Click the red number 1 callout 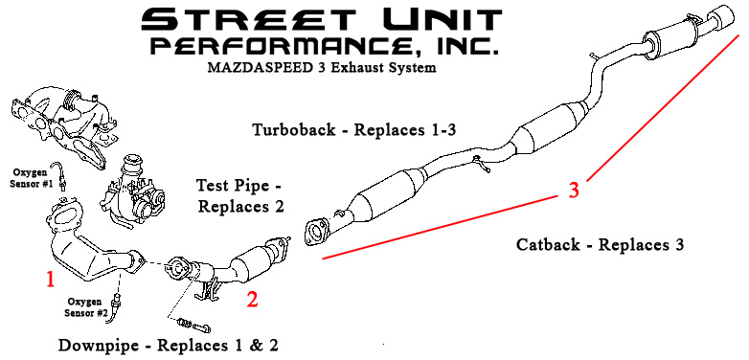(x=50, y=280)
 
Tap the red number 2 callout (x=252, y=300)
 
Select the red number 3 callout (x=574, y=190)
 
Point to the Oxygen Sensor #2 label (x=84, y=307)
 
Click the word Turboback (x=294, y=129)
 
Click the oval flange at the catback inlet (x=315, y=233)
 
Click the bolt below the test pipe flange (x=193, y=326)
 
